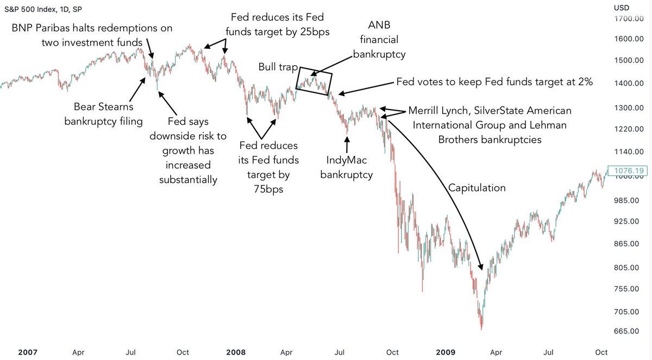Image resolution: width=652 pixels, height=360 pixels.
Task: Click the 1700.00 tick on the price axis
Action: coord(629,19)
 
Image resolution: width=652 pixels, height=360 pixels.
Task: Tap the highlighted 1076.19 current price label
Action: coord(628,170)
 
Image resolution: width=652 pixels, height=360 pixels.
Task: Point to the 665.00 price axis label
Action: coord(626,331)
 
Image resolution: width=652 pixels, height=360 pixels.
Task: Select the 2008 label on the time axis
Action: coord(236,352)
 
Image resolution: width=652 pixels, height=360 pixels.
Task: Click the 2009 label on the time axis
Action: coord(446,352)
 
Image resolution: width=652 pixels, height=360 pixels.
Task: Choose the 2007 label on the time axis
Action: coord(28,352)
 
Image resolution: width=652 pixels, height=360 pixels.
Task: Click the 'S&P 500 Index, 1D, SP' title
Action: coord(43,10)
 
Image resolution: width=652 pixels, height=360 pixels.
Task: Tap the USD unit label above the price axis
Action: coord(622,8)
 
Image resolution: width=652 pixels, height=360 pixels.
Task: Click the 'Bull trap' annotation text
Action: coord(278,67)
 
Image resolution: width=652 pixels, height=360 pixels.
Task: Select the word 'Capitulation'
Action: coord(477,188)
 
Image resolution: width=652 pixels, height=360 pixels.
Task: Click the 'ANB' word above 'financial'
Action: coord(379,26)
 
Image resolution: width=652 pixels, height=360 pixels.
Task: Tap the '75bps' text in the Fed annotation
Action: coord(268,190)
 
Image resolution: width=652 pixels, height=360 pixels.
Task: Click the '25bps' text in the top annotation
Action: coord(315,32)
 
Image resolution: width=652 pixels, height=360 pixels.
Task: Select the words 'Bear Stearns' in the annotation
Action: coord(103,107)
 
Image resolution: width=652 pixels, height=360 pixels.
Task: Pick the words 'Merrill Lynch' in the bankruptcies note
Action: coord(439,111)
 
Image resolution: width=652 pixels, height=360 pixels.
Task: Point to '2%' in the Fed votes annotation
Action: coord(585,81)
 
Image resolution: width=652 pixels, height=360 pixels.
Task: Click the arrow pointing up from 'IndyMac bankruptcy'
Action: coord(347,144)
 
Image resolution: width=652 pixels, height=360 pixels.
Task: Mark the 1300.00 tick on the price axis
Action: coord(629,108)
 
